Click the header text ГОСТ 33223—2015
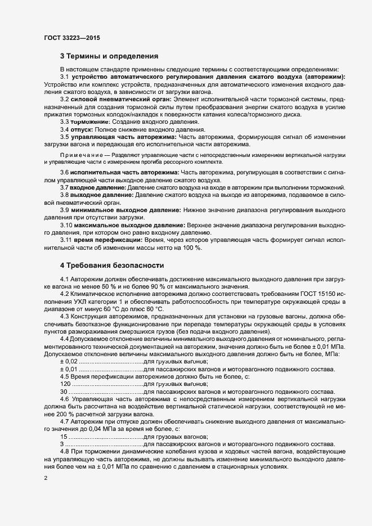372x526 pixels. click(73, 38)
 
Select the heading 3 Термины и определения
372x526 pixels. click(109, 56)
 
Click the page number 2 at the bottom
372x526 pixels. click(46, 478)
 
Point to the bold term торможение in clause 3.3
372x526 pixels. click(89, 122)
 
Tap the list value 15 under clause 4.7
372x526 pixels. click(64, 436)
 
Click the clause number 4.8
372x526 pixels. click(65, 451)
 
